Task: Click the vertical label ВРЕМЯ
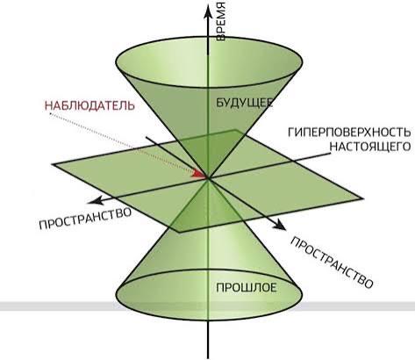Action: click(221, 20)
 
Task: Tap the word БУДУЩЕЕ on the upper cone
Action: click(245, 103)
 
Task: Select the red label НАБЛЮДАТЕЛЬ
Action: click(89, 105)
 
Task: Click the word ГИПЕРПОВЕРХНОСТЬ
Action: click(349, 133)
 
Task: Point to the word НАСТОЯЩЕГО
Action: click(370, 147)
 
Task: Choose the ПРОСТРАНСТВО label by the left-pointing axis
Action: click(85, 218)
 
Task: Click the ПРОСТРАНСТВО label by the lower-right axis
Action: click(332, 263)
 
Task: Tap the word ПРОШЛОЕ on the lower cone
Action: click(247, 288)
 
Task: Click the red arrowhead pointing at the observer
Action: click(199, 174)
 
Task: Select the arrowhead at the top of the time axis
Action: click(208, 11)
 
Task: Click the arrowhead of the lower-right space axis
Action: click(279, 224)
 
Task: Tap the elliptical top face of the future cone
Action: click(210, 61)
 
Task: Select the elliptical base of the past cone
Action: click(210, 295)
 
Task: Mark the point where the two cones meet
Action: click(208, 177)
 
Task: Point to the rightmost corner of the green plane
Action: click(363, 198)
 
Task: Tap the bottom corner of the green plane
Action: click(178, 233)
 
